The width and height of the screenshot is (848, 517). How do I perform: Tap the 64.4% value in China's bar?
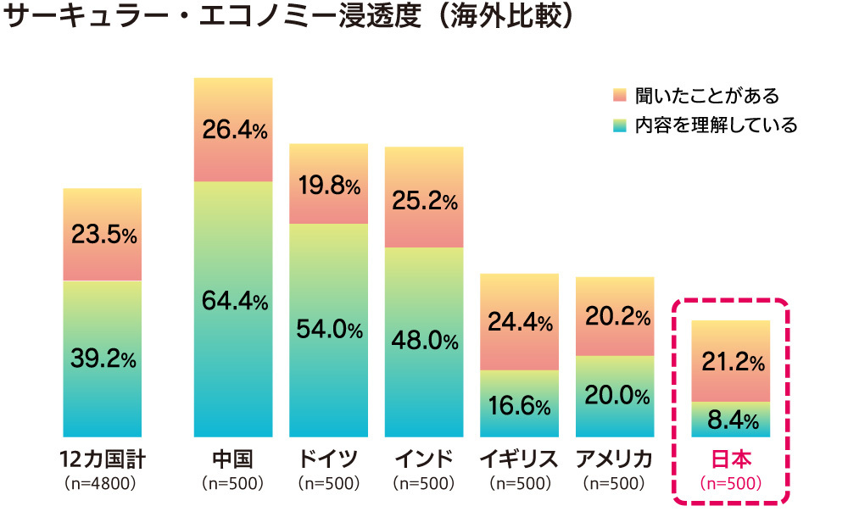(233, 301)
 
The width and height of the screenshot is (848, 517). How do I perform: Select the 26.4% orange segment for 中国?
(233, 131)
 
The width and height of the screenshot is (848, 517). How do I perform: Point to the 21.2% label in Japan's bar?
(731, 363)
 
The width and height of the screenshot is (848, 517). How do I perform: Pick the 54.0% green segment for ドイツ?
(329, 330)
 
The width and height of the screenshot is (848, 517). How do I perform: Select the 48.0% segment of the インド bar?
(424, 342)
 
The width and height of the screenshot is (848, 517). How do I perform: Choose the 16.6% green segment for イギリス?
(519, 405)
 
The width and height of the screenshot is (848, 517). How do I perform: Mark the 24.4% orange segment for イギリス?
(519, 323)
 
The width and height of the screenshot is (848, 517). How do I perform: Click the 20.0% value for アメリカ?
(615, 397)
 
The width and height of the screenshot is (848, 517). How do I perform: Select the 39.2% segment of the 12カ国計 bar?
(103, 359)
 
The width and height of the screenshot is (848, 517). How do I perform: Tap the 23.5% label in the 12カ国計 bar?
(103, 236)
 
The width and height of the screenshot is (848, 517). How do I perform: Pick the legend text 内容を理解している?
(716, 125)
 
